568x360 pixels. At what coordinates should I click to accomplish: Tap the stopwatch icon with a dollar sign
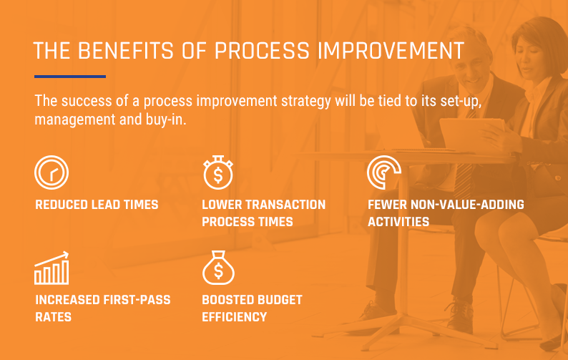pyautogui.click(x=218, y=172)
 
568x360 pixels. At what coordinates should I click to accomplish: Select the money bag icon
pyautogui.click(x=218, y=268)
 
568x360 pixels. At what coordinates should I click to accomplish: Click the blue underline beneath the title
pyautogui.click(x=70, y=77)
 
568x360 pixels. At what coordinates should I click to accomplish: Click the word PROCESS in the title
pyautogui.click(x=262, y=51)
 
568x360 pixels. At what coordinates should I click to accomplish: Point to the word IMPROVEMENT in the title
pyautogui.click(x=391, y=51)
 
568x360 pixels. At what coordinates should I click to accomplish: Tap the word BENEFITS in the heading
pyautogui.click(x=126, y=51)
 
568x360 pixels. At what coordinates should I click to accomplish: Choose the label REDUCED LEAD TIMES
pyautogui.click(x=97, y=205)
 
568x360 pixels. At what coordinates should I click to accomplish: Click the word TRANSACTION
pyautogui.click(x=281, y=205)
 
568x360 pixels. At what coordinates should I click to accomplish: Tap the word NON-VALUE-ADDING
pyautogui.click(x=467, y=205)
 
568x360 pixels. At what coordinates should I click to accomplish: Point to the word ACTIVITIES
pyautogui.click(x=398, y=221)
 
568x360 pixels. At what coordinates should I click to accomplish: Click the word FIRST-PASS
pyautogui.click(x=137, y=300)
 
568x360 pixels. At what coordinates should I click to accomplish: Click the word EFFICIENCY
pyautogui.click(x=235, y=317)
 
